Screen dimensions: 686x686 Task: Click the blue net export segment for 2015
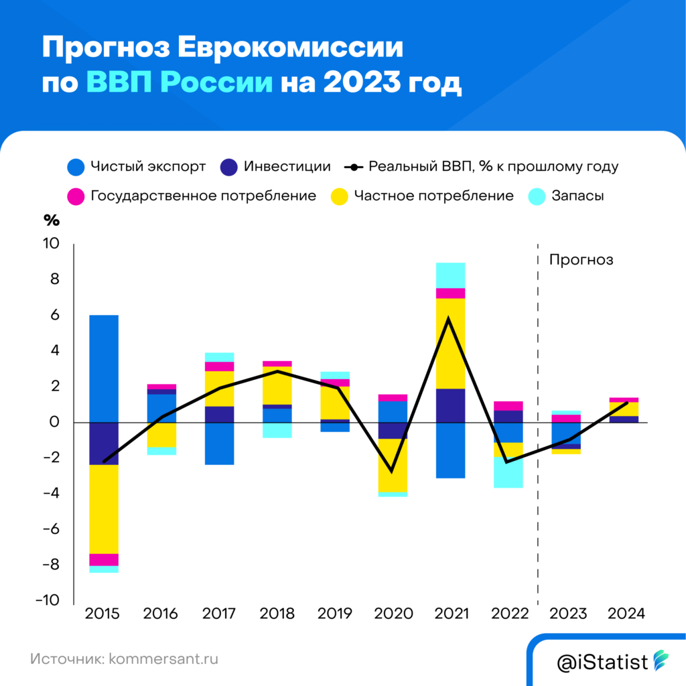tap(104, 368)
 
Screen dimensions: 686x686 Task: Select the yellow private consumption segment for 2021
tap(450, 343)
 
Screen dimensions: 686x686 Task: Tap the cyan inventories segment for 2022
tap(508, 472)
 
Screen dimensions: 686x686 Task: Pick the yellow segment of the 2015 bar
tap(104, 509)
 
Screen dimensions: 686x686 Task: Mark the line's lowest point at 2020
tap(392, 472)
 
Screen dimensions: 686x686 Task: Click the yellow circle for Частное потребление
tap(340, 196)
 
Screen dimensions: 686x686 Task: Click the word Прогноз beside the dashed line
tap(581, 260)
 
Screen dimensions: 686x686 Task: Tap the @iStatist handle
tap(602, 663)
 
